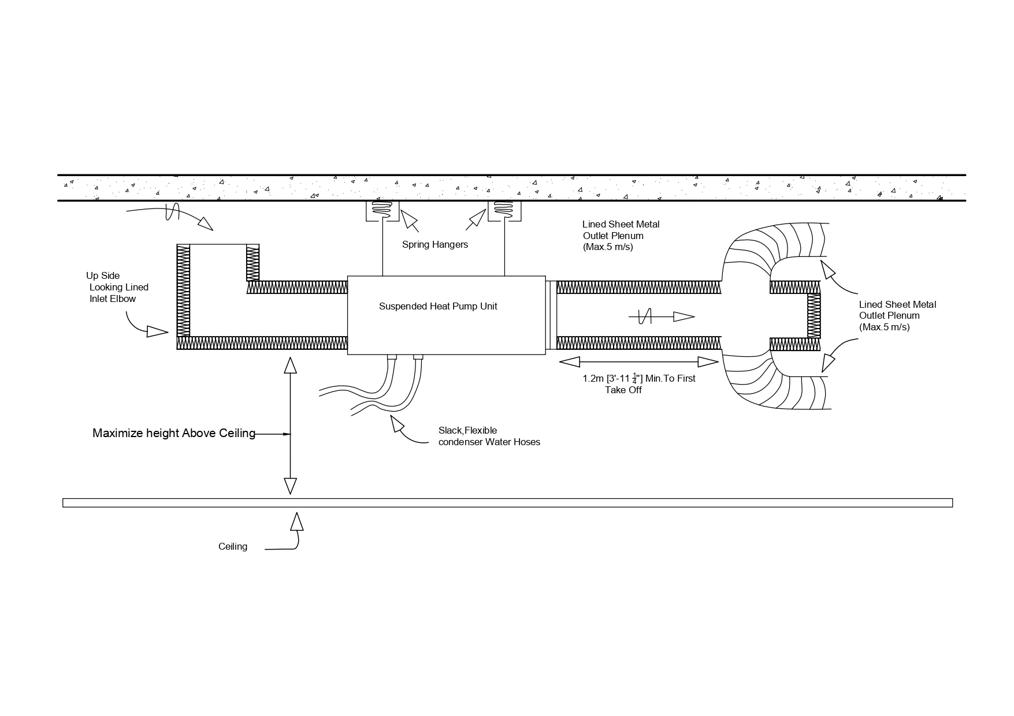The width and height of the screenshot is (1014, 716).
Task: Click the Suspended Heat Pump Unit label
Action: (x=438, y=306)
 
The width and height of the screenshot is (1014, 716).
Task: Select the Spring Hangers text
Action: (x=435, y=244)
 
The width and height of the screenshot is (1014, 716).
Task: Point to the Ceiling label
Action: (x=233, y=546)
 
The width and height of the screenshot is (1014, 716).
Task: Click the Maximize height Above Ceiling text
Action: (x=174, y=433)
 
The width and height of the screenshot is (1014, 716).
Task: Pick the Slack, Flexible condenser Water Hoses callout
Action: (x=489, y=437)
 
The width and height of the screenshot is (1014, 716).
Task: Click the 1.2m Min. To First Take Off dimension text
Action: (x=638, y=384)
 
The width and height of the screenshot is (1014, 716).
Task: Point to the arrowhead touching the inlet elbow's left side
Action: (x=157, y=331)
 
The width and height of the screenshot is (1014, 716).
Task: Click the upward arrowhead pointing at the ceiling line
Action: (x=297, y=521)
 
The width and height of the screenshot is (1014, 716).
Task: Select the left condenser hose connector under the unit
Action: (x=391, y=357)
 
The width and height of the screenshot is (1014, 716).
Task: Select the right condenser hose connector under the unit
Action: (x=418, y=357)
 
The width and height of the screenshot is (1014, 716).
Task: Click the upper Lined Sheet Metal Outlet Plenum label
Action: (x=621, y=236)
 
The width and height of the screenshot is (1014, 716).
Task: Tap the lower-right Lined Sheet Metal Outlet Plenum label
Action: (x=897, y=316)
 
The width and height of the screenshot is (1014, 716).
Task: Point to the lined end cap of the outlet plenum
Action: (x=814, y=316)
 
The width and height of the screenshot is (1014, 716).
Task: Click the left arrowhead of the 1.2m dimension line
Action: (x=570, y=362)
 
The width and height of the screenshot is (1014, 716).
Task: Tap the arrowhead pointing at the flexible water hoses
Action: (x=397, y=423)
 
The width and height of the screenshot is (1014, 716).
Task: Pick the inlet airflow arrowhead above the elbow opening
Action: (x=206, y=224)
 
